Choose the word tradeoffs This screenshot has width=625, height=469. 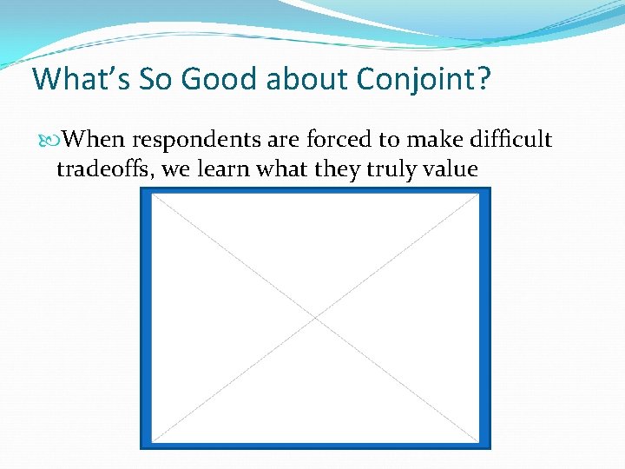[x=105, y=168]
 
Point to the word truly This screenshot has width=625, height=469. [x=391, y=169]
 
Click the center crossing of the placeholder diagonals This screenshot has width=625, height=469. [x=316, y=318]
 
